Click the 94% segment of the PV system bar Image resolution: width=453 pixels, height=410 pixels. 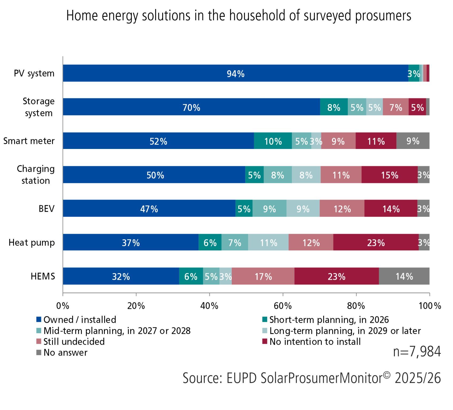pyautogui.click(x=235, y=73)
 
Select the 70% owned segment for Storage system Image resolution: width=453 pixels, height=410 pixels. pyautogui.click(x=191, y=107)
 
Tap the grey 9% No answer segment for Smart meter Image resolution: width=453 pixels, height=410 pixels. pyautogui.click(x=413, y=141)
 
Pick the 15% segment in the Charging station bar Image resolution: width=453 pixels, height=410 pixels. pyautogui.click(x=389, y=175)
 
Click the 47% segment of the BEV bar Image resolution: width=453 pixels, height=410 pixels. pyautogui.click(x=149, y=208)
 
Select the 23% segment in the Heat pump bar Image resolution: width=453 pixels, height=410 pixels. pyautogui.click(x=376, y=242)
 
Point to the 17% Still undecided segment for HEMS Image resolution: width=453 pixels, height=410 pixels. pyautogui.click(x=263, y=276)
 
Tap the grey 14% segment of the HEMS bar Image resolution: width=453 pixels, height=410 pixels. pyautogui.click(x=404, y=276)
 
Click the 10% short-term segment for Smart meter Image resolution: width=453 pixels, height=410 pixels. pyautogui.click(x=273, y=141)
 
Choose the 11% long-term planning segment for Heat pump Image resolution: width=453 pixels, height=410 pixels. pyautogui.click(x=268, y=242)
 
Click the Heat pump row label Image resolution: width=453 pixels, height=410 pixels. pyautogui.click(x=32, y=242)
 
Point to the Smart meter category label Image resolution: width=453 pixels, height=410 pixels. pyautogui.click(x=29, y=141)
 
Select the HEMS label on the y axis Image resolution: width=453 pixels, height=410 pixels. pyautogui.click(x=43, y=276)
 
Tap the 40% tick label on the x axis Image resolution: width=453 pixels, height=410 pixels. pyautogui.click(x=209, y=306)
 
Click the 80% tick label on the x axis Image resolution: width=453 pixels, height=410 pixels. pyautogui.click(x=356, y=306)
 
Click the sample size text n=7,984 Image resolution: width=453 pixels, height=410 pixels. pyautogui.click(x=417, y=352)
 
